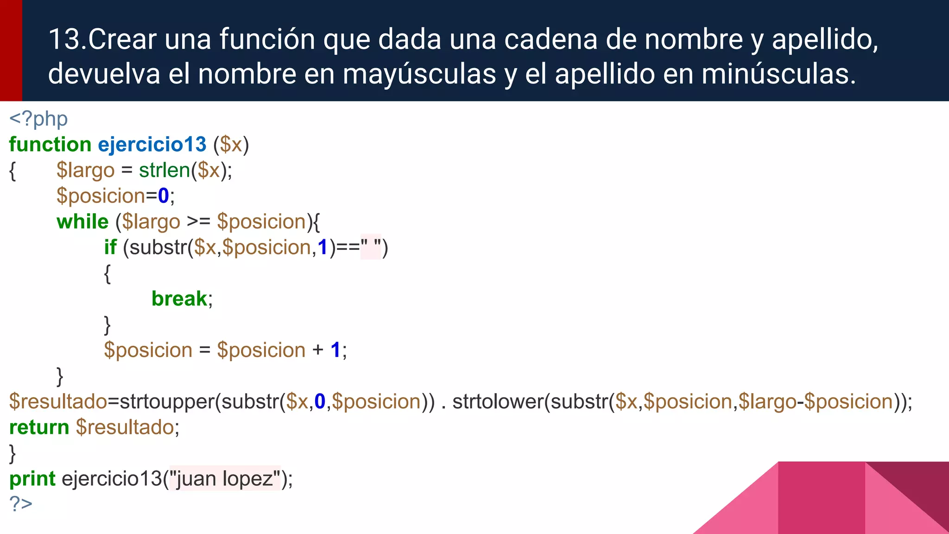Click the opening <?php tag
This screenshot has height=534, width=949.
tap(38, 119)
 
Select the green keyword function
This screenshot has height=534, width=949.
tap(50, 145)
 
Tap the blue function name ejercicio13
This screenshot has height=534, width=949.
tap(152, 145)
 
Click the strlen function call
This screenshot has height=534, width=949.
tap(164, 170)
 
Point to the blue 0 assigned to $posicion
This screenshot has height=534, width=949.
tap(163, 196)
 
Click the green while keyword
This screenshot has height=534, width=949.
tap(82, 222)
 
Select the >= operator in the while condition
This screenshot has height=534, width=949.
tap(198, 222)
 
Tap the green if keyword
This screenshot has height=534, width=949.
tap(110, 248)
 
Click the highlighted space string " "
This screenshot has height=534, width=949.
tap(371, 247)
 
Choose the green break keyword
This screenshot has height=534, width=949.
tap(179, 299)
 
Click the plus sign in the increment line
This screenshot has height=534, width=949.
tap(318, 350)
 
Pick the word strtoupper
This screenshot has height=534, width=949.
tap(167, 401)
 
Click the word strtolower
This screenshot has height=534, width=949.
tap(498, 401)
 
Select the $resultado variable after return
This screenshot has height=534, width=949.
tap(125, 427)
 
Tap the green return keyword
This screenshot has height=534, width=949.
tap(39, 427)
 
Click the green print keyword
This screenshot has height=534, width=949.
tap(32, 479)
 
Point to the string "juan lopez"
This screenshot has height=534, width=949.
tap(225, 479)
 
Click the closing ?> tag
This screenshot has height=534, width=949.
tap(21, 504)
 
